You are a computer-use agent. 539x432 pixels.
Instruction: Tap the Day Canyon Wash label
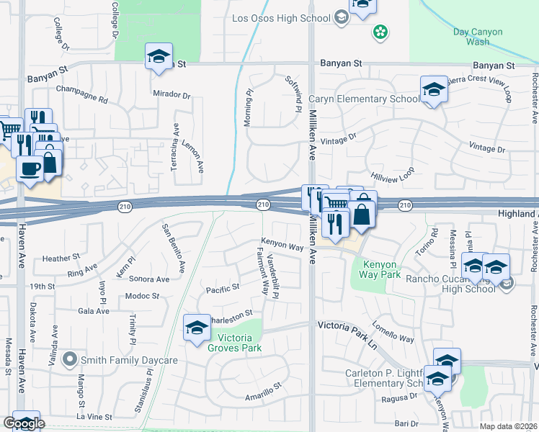[x=482, y=37]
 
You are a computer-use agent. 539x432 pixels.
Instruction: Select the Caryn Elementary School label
[x=364, y=99]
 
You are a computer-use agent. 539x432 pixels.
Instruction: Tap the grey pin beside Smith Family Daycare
[x=70, y=358]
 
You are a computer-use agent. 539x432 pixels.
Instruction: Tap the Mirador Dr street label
[x=171, y=94]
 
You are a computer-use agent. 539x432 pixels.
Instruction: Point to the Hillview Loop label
[x=393, y=174]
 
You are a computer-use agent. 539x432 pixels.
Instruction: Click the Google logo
[x=24, y=423]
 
